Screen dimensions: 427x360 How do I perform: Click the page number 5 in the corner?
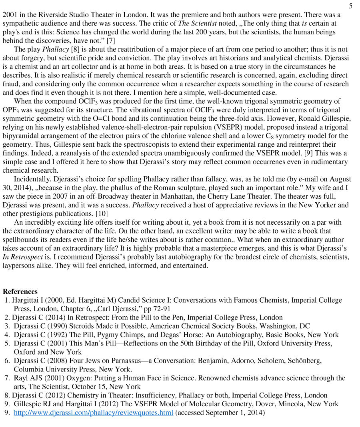click(350, 6)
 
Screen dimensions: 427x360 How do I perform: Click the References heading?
click(20, 291)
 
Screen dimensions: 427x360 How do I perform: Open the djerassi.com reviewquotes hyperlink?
click(94, 413)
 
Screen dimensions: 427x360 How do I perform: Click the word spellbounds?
click(20, 239)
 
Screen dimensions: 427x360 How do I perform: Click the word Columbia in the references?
click(28, 369)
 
